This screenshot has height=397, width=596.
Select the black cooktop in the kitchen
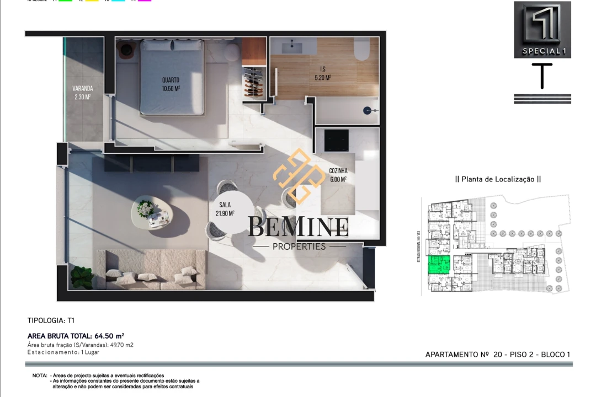coord(336,140)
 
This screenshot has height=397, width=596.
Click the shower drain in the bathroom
coord(368,110)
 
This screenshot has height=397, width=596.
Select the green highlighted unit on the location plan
coord(440,265)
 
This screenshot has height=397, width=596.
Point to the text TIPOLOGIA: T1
coord(51,320)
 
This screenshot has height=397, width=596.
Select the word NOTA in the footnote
coord(40,375)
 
